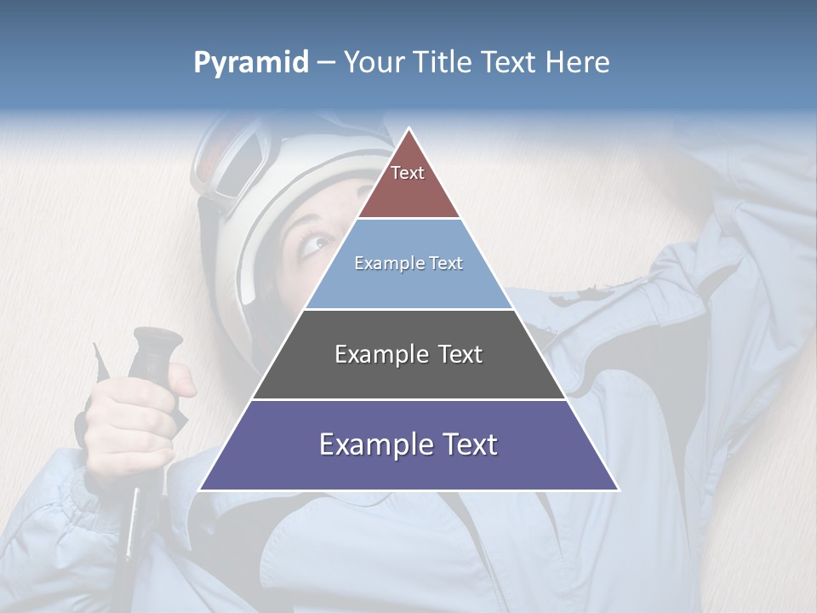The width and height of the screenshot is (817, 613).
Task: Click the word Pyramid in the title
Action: click(250, 63)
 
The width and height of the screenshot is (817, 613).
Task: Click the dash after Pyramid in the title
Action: click(325, 63)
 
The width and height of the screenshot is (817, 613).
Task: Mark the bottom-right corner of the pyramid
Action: click(618, 490)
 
